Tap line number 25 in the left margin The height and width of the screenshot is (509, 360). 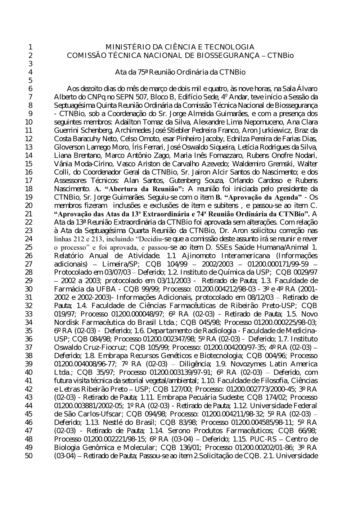(x=29, y=247)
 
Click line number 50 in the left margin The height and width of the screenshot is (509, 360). (x=29, y=456)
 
